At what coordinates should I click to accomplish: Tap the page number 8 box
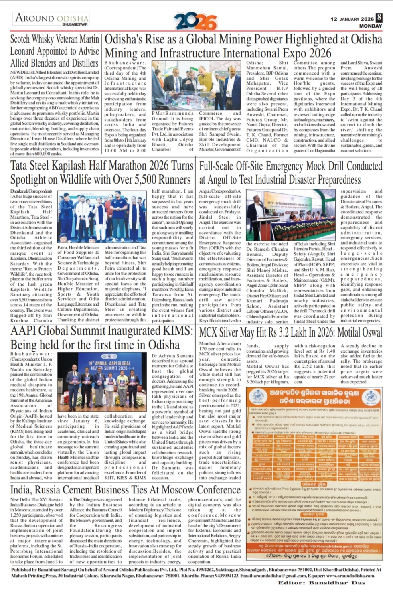point(379,18)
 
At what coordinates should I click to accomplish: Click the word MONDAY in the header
point(371,26)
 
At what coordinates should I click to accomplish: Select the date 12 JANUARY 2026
point(352,19)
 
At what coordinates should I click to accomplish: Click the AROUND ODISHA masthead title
point(52,18)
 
